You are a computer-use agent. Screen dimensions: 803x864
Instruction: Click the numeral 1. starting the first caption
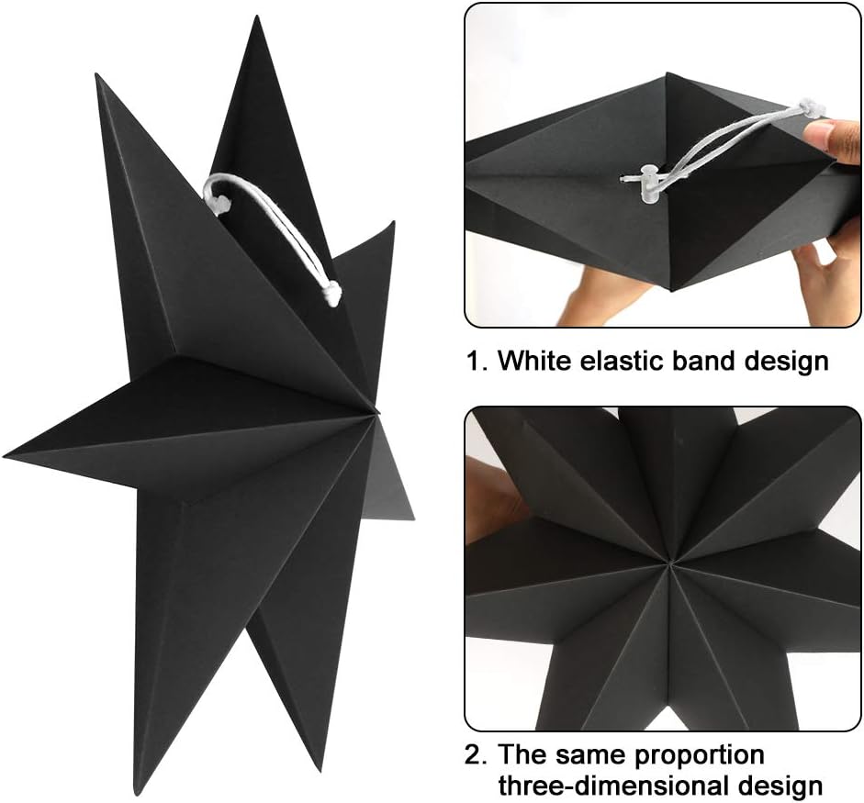pos(476,361)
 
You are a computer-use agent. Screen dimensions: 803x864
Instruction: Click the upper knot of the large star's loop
pos(215,192)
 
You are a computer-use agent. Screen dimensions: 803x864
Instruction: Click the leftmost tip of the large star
pos(7,452)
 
